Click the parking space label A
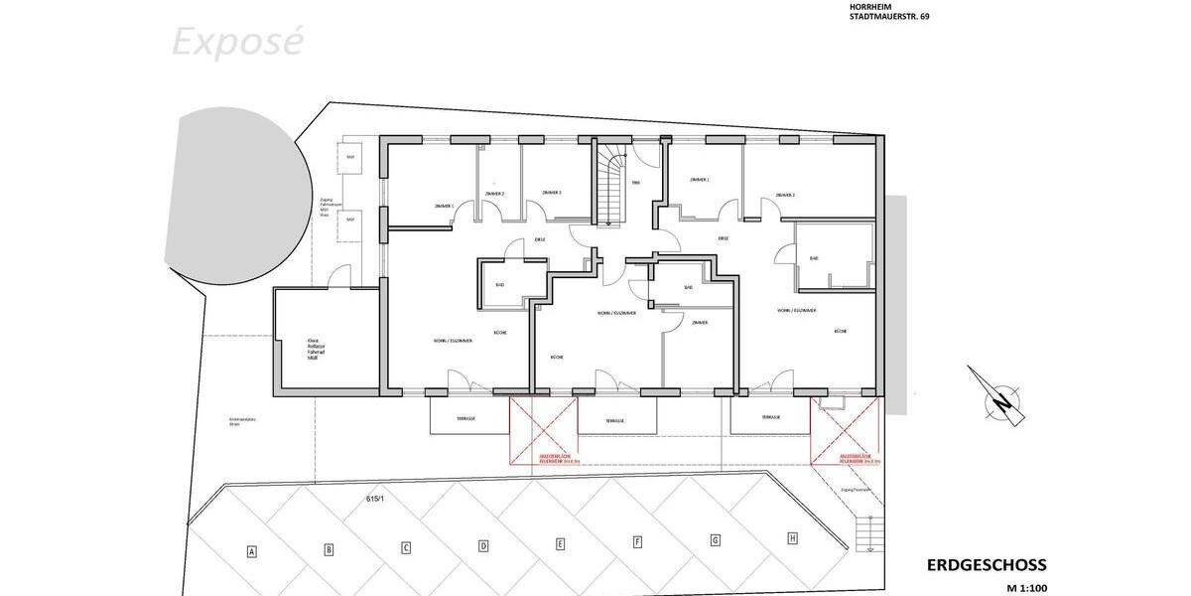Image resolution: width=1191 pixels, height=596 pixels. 252,551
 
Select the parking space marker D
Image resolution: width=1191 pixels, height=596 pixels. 483,545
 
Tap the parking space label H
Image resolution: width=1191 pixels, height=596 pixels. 792,538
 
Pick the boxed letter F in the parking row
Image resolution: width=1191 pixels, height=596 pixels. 637,542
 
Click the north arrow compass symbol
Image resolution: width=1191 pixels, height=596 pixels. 1000,398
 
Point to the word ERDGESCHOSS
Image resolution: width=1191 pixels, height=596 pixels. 986,565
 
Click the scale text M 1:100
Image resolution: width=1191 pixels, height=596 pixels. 1026,588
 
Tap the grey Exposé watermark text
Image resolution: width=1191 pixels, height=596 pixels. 237,43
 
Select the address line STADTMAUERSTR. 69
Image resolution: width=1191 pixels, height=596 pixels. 889,17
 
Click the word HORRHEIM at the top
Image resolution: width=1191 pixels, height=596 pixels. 869,6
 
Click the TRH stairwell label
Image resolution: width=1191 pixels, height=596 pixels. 635,183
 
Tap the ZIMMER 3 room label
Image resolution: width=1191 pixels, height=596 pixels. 553,193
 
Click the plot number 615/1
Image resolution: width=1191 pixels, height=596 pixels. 374,499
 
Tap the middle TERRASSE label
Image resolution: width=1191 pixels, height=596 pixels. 615,421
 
